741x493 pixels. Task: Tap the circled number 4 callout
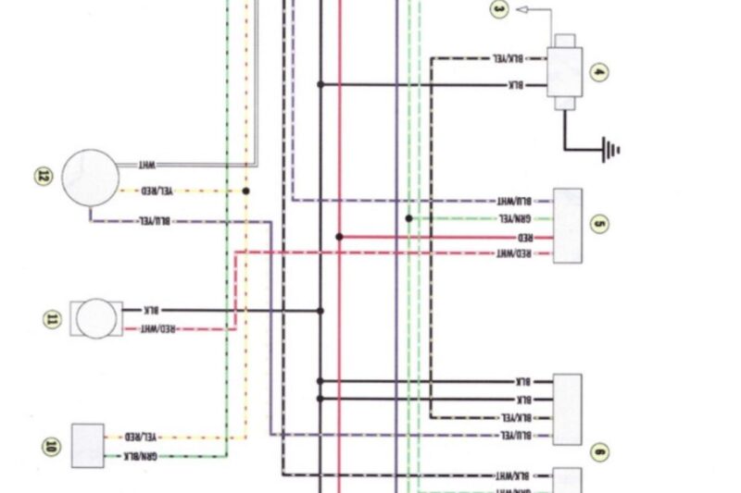[599, 71]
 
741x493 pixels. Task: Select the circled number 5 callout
[599, 224]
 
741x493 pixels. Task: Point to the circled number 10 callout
[51, 446]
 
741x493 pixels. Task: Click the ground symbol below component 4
[610, 148]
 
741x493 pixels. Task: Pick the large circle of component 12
[91, 177]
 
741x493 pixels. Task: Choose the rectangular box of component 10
[88, 445]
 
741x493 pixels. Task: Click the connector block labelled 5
[568, 226]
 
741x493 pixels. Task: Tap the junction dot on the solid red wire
[340, 237]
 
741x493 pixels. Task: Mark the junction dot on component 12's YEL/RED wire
[246, 191]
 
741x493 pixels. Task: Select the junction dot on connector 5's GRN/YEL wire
[408, 219]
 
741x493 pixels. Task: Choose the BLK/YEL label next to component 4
[507, 58]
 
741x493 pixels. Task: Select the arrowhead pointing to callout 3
[521, 9]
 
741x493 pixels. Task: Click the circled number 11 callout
[52, 319]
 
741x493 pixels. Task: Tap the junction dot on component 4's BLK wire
[321, 85]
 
